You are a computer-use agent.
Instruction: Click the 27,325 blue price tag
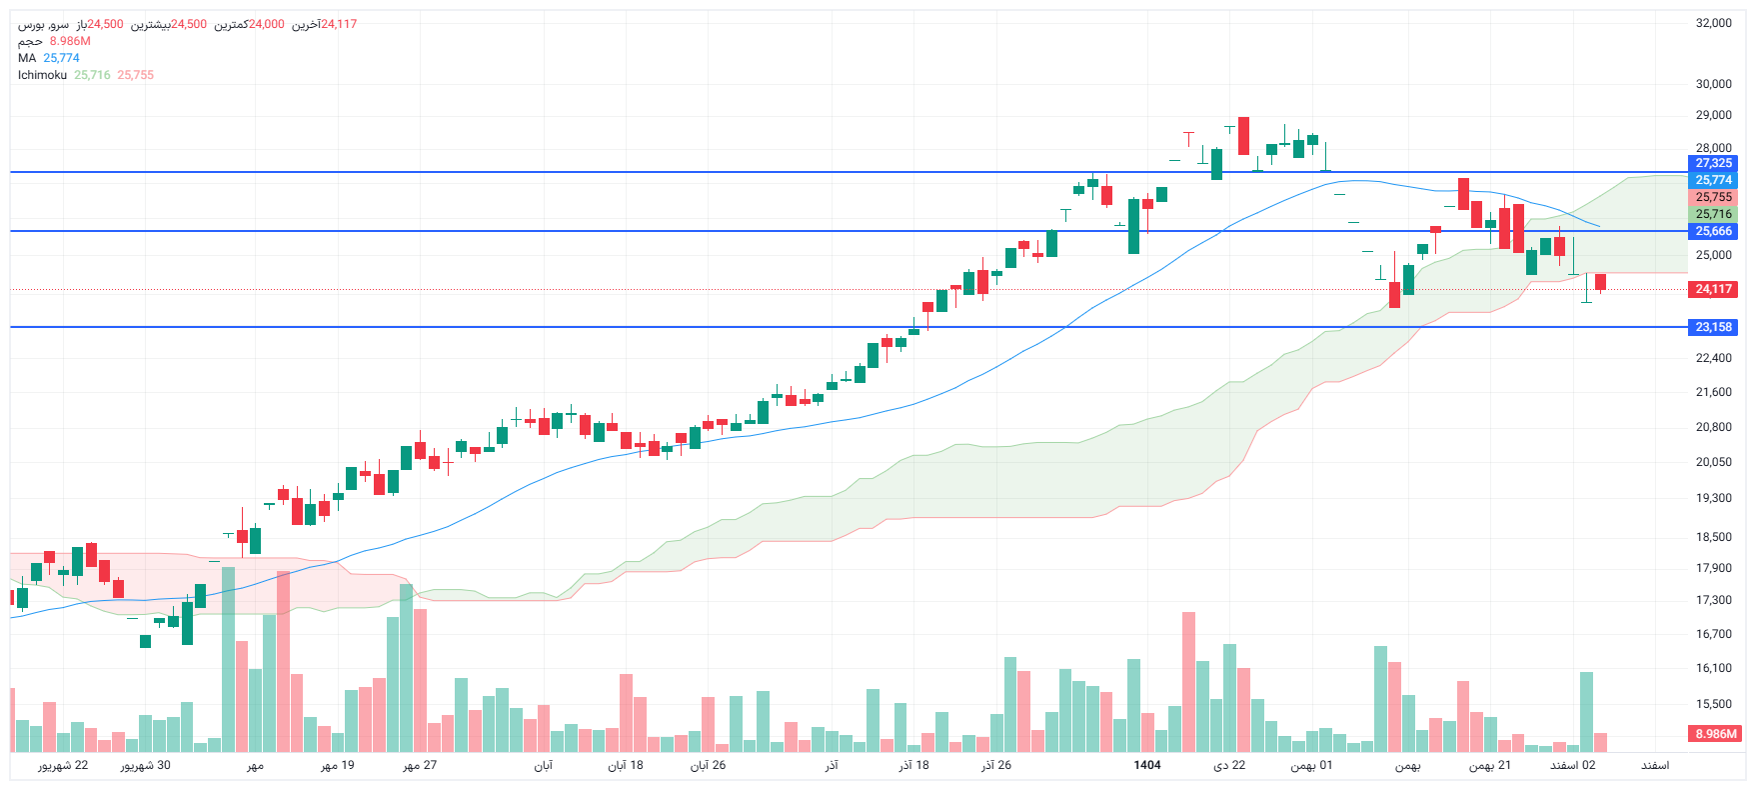click(1713, 163)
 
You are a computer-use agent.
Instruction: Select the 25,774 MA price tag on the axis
click(1713, 180)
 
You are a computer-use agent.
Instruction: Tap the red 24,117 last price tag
click(1713, 289)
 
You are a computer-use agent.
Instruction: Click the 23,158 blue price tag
click(1713, 327)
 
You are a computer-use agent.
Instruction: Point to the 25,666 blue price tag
click(1713, 231)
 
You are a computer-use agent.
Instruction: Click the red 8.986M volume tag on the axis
click(1715, 734)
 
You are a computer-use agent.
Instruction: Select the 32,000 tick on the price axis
click(1713, 23)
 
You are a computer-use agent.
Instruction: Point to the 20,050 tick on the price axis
click(1713, 462)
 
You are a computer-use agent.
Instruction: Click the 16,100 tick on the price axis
click(1713, 668)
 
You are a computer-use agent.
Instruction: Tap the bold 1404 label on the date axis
click(1147, 765)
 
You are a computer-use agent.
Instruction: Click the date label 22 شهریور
click(63, 765)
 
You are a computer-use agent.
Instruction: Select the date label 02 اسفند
click(1573, 765)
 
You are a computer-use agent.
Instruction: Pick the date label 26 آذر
click(996, 765)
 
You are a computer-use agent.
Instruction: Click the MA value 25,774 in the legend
click(61, 58)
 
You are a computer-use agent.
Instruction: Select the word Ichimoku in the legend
click(42, 75)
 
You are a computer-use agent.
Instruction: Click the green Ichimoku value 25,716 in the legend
click(92, 75)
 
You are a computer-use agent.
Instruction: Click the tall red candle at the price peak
click(1243, 136)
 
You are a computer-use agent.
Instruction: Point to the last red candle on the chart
click(1600, 282)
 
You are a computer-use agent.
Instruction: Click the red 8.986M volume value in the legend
click(70, 41)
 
